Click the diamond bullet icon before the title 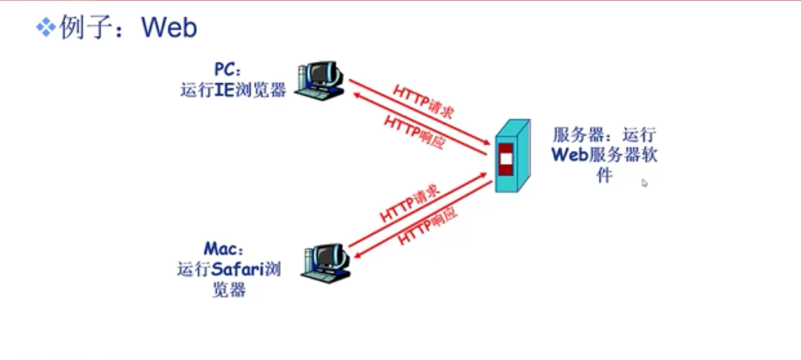(x=43, y=29)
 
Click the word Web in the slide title (x=169, y=28)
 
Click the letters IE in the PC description (x=225, y=90)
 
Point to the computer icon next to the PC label (x=318, y=79)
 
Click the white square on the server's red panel (x=506, y=158)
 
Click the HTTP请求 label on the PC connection (x=424, y=102)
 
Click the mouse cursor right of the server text (x=644, y=183)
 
